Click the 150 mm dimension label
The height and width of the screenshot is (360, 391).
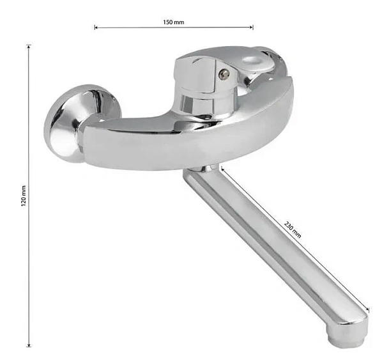(174, 22)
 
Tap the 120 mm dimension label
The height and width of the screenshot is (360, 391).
(24, 196)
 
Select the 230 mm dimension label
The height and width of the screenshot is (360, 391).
(293, 230)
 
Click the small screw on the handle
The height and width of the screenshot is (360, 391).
(224, 74)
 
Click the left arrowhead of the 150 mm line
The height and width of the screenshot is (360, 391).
(96, 27)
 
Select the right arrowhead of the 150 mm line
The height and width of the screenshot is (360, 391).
(252, 27)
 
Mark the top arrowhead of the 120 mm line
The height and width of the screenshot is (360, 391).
(29, 47)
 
